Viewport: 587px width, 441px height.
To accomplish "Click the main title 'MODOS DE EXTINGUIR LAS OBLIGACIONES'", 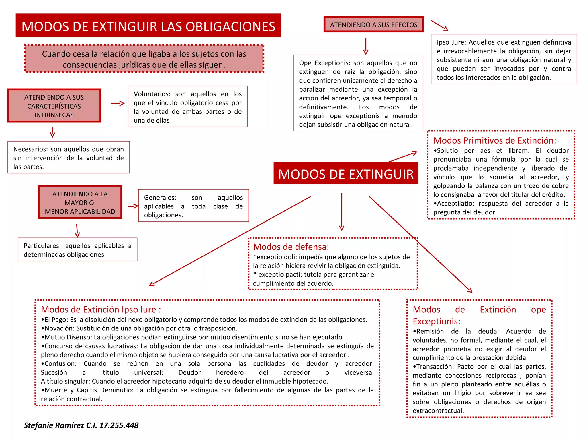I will (x=148, y=26).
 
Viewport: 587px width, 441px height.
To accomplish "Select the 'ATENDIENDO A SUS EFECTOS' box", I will (x=373, y=25).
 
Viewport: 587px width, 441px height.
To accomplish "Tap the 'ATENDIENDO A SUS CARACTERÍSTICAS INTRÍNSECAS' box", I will (x=54, y=106).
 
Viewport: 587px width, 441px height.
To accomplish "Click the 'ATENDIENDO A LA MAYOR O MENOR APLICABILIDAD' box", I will (x=80, y=202).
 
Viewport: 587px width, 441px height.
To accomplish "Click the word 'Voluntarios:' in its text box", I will (x=152, y=94).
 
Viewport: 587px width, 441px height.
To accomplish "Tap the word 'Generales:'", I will (x=160, y=198).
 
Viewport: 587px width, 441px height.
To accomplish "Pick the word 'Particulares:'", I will (x=42, y=246).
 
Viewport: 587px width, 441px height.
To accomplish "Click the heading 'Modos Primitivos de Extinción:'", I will (x=494, y=140).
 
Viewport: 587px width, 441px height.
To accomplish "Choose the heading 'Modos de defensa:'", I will (x=291, y=247).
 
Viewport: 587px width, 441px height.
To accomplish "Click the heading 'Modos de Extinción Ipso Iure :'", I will (x=101, y=310).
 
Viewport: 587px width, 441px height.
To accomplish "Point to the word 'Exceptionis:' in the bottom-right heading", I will (x=436, y=321).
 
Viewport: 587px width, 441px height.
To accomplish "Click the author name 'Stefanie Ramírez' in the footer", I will (x=54, y=425).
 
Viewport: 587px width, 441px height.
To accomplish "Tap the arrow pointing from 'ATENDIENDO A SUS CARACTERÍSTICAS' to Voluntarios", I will (x=118, y=103).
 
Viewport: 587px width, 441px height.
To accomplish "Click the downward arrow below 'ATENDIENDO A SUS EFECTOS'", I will (x=366, y=46).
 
